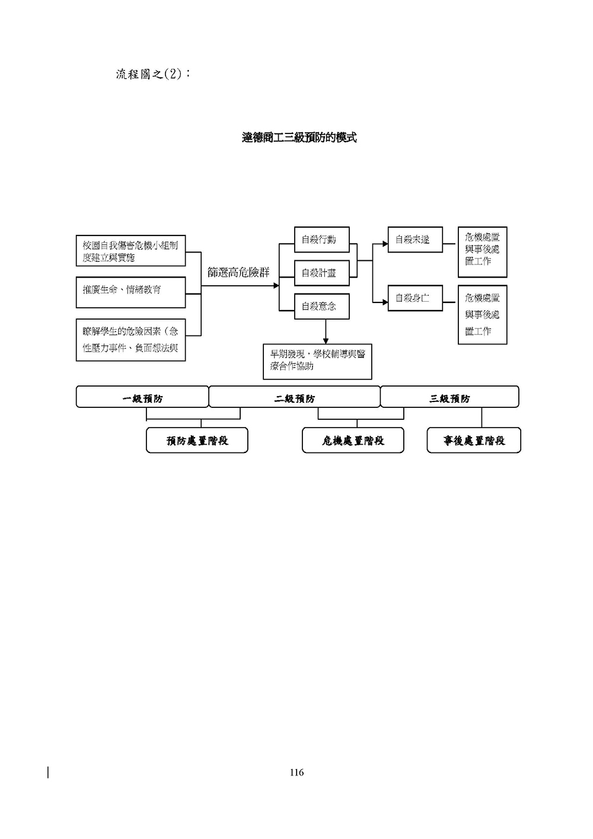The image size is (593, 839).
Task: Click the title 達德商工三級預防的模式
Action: click(299, 138)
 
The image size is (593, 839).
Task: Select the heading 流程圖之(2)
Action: click(153, 74)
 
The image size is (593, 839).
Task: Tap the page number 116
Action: click(296, 772)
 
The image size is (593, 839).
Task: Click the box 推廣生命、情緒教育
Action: click(130, 291)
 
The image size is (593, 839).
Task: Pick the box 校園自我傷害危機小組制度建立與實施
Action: click(130, 251)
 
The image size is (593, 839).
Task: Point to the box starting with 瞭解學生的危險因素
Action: click(130, 340)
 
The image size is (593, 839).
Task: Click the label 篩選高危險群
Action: click(238, 272)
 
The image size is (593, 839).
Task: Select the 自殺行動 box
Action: click(321, 240)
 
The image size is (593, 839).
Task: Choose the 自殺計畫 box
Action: click(321, 273)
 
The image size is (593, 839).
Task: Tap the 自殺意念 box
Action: click(321, 306)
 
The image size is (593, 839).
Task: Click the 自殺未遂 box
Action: click(415, 240)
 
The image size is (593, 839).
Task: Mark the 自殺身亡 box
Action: click(415, 298)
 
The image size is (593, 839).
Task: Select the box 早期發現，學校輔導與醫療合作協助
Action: click(317, 361)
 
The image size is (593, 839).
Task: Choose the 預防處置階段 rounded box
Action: click(197, 441)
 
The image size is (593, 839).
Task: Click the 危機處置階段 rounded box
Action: click(353, 441)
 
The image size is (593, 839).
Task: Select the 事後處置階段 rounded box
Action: click(474, 441)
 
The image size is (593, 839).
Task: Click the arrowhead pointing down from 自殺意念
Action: click(326, 340)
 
